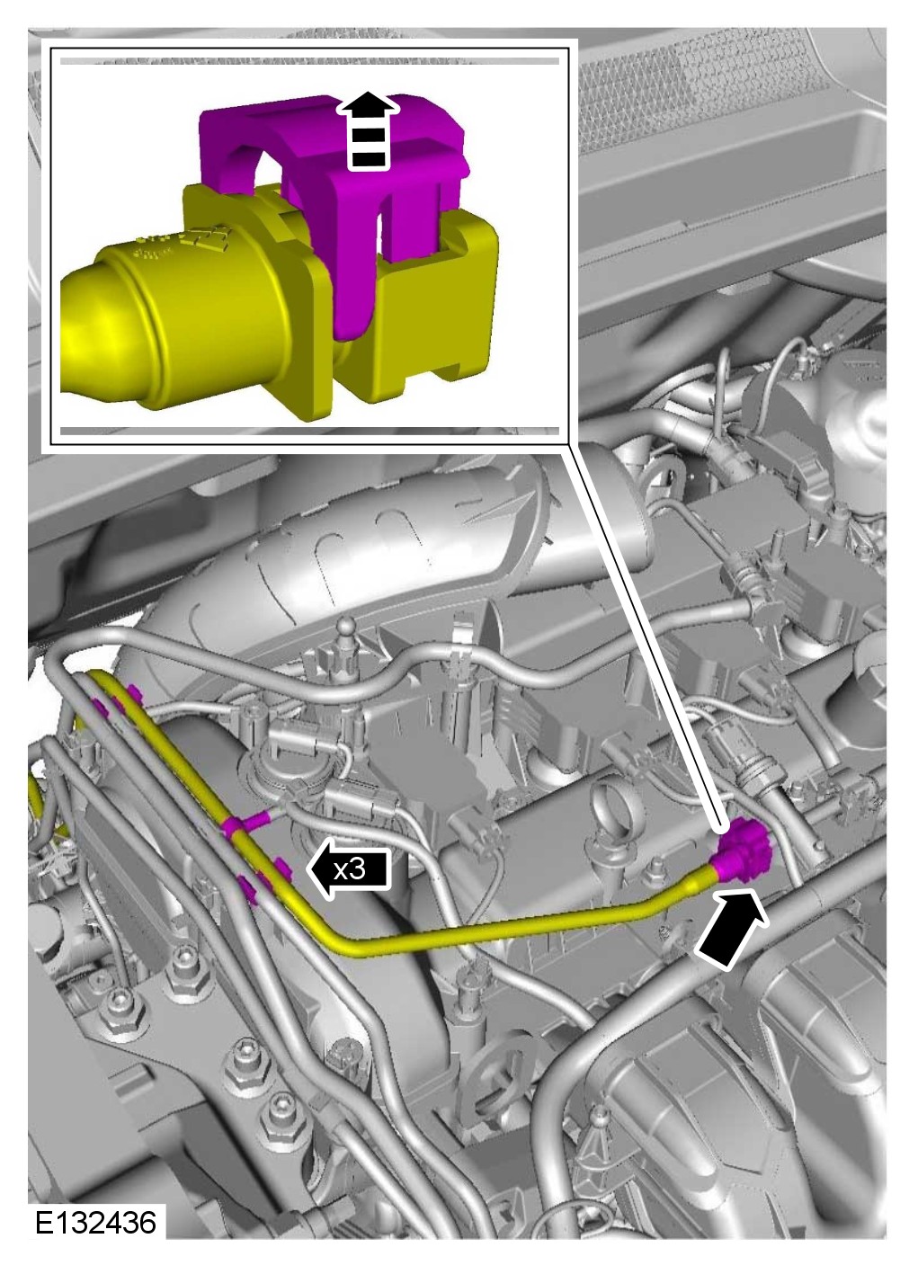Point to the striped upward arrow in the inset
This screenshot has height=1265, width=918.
(x=368, y=130)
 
